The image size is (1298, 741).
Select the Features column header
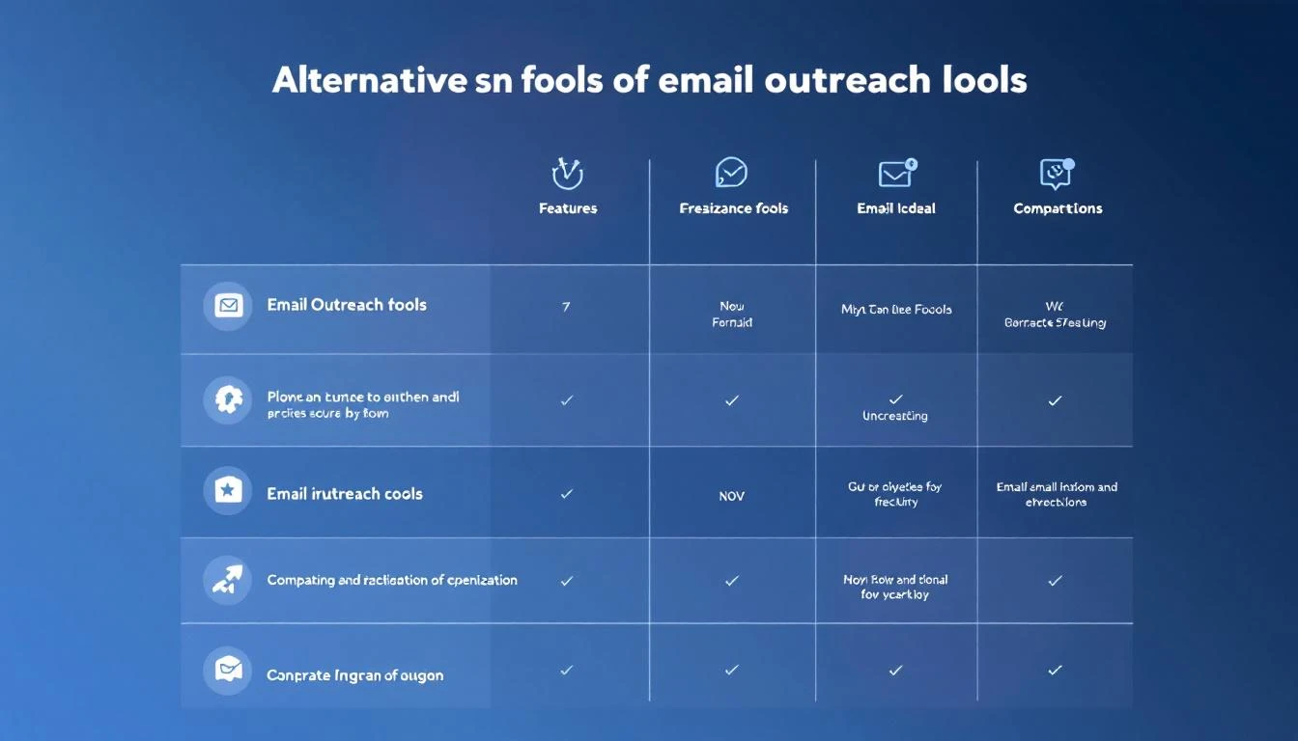568,208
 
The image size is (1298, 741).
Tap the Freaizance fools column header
733,208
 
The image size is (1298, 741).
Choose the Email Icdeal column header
896,208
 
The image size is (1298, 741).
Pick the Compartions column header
1058,208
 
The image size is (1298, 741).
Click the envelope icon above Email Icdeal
896,174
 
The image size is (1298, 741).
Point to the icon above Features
567,174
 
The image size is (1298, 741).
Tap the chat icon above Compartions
1057,174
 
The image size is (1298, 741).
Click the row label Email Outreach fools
347,305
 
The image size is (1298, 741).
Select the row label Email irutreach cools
345,494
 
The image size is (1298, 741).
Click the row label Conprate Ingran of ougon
354,675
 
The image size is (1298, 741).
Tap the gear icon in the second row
228,399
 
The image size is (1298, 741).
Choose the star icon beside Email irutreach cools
228,491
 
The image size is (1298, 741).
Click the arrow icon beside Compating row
228,580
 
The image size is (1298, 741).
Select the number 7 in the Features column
566,308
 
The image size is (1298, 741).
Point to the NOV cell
731,496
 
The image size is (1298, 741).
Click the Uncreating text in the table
895,416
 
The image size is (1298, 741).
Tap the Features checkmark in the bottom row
567,670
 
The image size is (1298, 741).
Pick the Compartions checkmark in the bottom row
1056,670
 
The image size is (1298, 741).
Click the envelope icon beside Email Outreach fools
228,306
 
